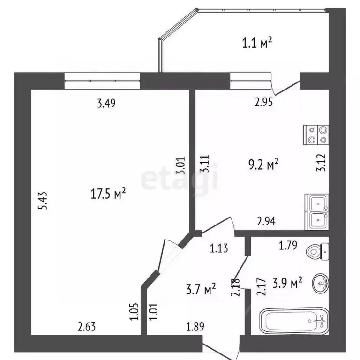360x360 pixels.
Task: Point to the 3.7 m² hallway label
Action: (200, 288)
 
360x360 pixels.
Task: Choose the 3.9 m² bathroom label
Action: (286, 283)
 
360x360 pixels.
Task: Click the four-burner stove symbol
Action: (316, 135)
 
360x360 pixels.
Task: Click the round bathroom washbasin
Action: (321, 282)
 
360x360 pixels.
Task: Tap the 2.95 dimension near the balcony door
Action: (264, 103)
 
